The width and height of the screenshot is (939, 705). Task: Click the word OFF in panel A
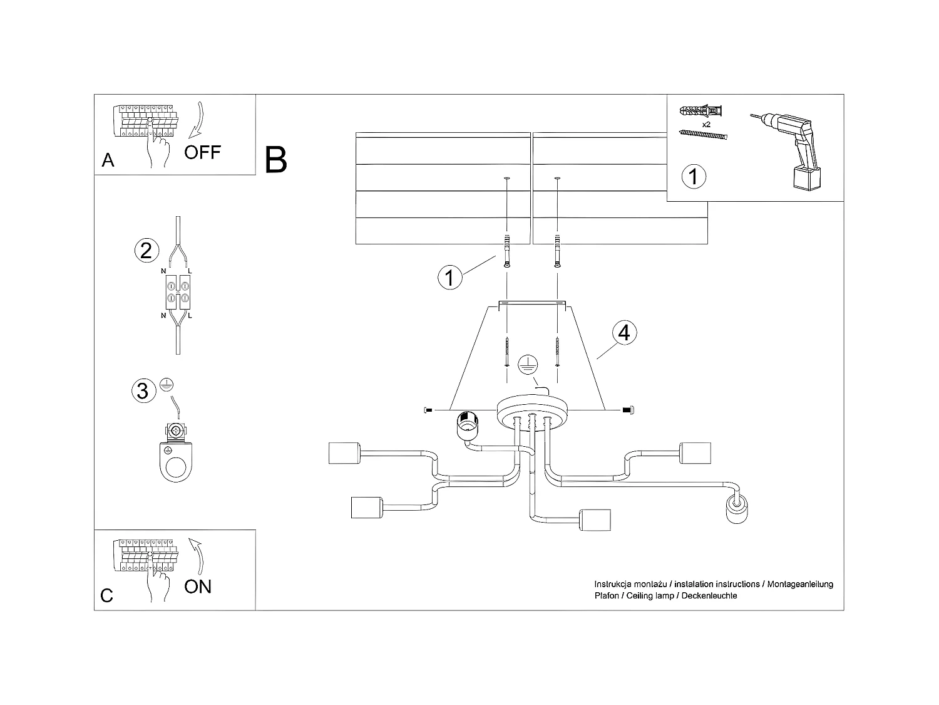click(202, 152)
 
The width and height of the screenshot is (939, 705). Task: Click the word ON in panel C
click(198, 587)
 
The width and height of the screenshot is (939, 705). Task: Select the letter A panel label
click(108, 161)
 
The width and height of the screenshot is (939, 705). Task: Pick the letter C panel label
click(107, 595)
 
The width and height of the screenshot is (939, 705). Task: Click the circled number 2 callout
click(146, 251)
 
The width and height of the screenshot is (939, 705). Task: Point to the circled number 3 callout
click(142, 390)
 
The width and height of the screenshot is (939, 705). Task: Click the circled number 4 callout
click(623, 333)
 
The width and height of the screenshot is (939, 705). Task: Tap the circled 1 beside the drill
click(693, 176)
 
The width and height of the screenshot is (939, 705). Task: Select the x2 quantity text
click(706, 125)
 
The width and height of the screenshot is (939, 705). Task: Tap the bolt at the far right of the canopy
click(629, 410)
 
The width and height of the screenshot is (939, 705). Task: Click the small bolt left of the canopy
click(429, 410)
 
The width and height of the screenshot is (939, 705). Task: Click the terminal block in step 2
click(177, 292)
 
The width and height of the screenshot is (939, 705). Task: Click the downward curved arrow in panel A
click(198, 119)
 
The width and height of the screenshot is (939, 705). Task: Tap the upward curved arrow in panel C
click(198, 554)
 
